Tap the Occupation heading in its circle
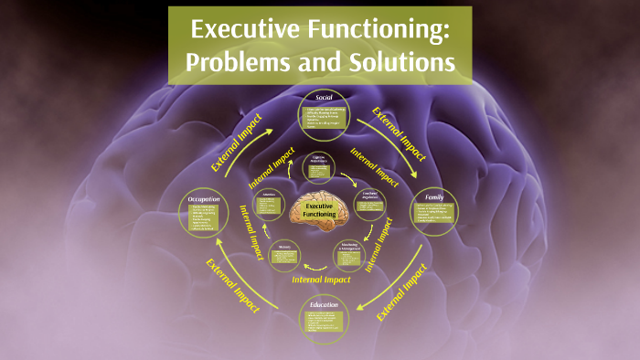(203, 198)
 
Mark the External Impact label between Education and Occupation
(233, 284)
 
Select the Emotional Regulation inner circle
(368, 203)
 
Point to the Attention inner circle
(270, 203)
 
